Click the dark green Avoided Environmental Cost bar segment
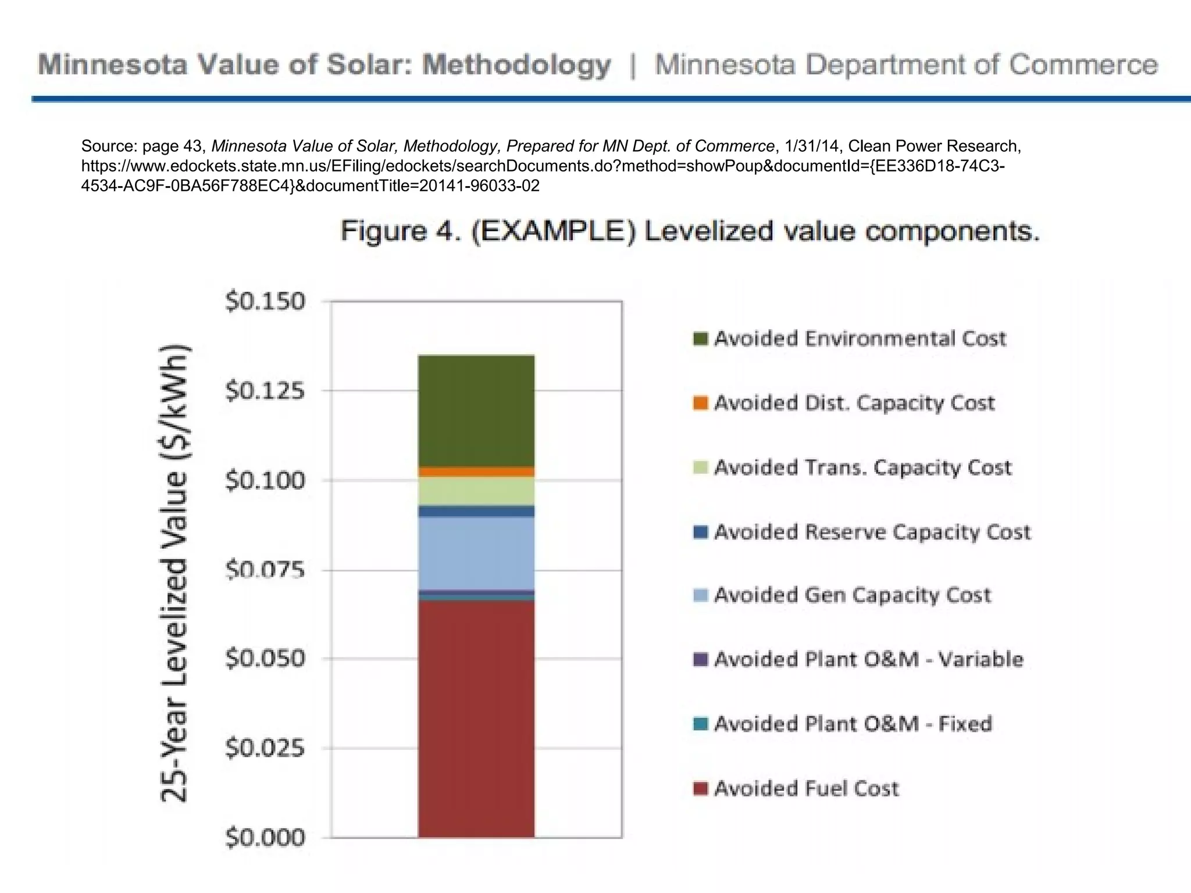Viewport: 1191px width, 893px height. point(476,410)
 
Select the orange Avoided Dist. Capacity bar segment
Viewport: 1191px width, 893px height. point(476,471)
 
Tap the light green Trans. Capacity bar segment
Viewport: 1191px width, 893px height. point(476,491)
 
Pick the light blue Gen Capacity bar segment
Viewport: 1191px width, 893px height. point(476,553)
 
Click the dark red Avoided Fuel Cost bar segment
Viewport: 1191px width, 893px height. point(476,719)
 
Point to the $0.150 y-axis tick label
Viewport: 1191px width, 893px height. point(265,302)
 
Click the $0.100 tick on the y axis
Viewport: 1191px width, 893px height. point(265,481)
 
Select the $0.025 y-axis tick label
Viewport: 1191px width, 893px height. point(265,748)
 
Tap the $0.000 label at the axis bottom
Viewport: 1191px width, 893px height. point(265,838)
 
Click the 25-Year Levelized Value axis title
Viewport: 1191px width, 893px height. point(174,573)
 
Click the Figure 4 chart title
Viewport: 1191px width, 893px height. point(690,231)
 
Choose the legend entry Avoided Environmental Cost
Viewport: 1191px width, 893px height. point(860,338)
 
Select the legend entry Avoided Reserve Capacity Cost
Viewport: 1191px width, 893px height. point(872,532)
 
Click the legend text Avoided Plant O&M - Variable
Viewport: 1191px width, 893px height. point(868,659)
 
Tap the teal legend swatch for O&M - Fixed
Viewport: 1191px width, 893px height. point(701,724)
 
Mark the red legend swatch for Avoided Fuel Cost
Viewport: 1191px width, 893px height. point(701,789)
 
